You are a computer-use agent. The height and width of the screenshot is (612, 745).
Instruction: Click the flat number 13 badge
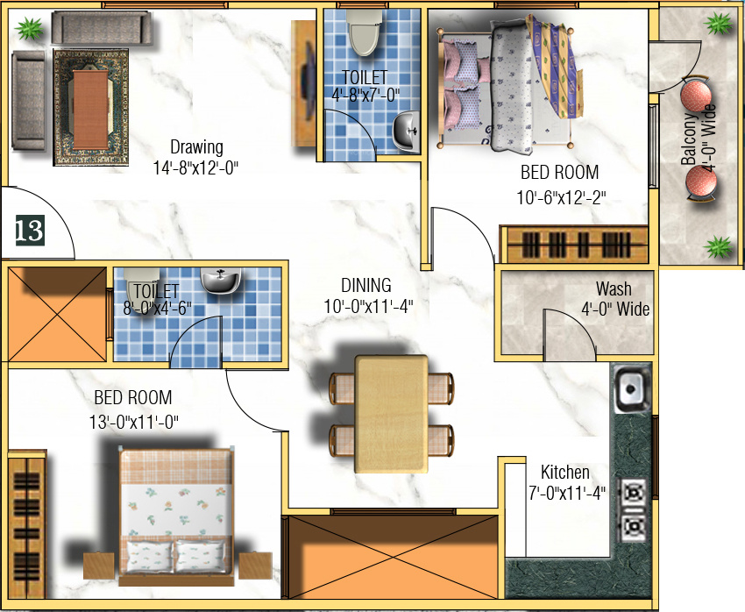pyautogui.click(x=29, y=231)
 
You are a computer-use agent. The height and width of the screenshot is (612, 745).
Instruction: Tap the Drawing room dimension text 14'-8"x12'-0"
pyautogui.click(x=196, y=165)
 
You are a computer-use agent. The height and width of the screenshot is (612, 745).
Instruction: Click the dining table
pyautogui.click(x=392, y=412)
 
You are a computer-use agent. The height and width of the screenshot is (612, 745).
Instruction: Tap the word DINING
pyautogui.click(x=366, y=286)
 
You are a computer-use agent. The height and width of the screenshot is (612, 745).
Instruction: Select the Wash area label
pyautogui.click(x=614, y=288)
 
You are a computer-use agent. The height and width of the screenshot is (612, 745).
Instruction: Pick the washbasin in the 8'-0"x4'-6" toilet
pyautogui.click(x=219, y=281)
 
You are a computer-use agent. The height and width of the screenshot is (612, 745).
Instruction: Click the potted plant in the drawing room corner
pyautogui.click(x=29, y=31)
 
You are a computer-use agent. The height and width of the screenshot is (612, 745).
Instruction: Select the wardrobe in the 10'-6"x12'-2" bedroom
pyautogui.click(x=575, y=244)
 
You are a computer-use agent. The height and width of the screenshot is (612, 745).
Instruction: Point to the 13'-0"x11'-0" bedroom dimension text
pyautogui.click(x=133, y=421)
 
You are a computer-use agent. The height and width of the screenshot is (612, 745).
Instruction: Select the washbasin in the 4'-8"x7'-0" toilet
pyautogui.click(x=405, y=132)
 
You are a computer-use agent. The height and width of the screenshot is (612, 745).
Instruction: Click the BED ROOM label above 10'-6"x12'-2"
pyautogui.click(x=559, y=173)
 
